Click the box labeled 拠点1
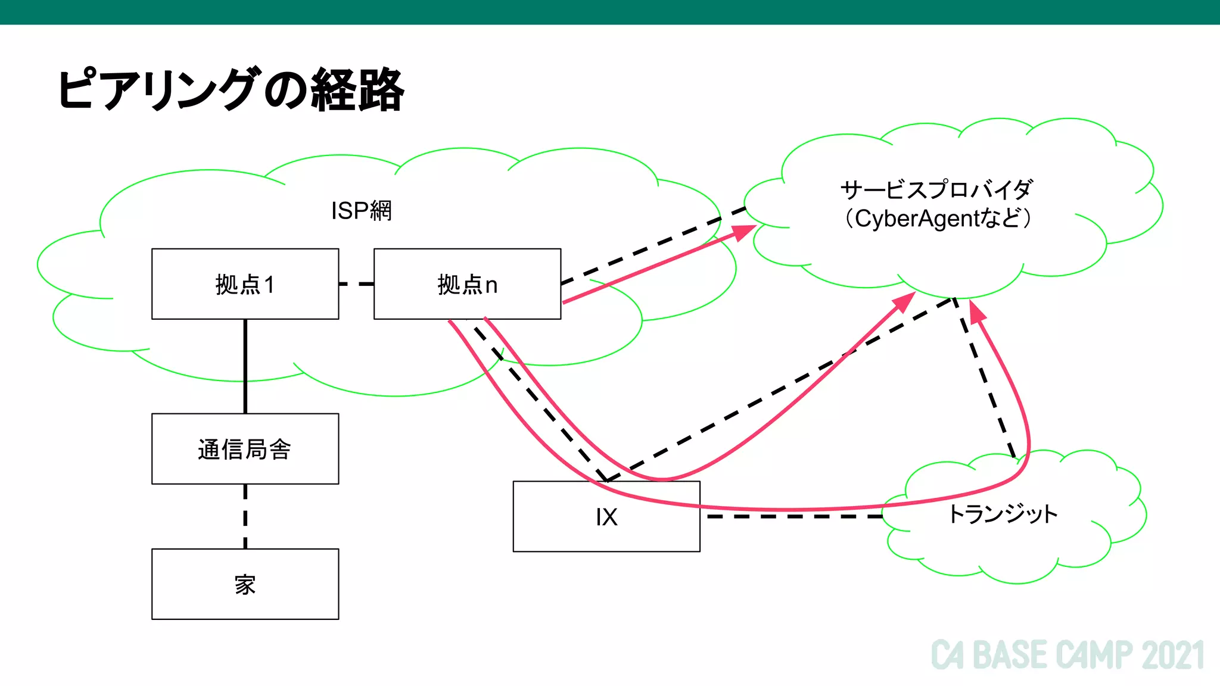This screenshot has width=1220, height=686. pos(245,284)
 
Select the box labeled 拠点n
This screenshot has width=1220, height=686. pos(467,284)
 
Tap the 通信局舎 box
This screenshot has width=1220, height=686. pos(245,449)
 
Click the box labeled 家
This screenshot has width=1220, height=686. pos(245,584)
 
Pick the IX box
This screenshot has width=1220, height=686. pos(606,516)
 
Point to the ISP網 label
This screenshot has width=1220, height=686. pos(361,211)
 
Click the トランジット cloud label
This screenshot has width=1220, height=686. pos(1003,513)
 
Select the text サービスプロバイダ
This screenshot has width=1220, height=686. pos(936,190)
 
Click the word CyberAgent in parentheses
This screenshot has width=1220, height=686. pos(917,219)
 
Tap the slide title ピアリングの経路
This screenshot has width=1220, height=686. pos(231,90)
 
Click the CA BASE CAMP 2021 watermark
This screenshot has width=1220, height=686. pos(1067,655)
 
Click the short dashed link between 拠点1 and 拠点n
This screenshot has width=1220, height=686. pos(356,284)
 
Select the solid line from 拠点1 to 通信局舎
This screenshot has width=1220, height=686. pos(245,366)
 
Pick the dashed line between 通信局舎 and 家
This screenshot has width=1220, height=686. pos(245,516)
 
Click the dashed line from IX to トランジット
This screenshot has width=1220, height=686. pos(792,516)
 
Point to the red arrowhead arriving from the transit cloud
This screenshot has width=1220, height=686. pos(976,311)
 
